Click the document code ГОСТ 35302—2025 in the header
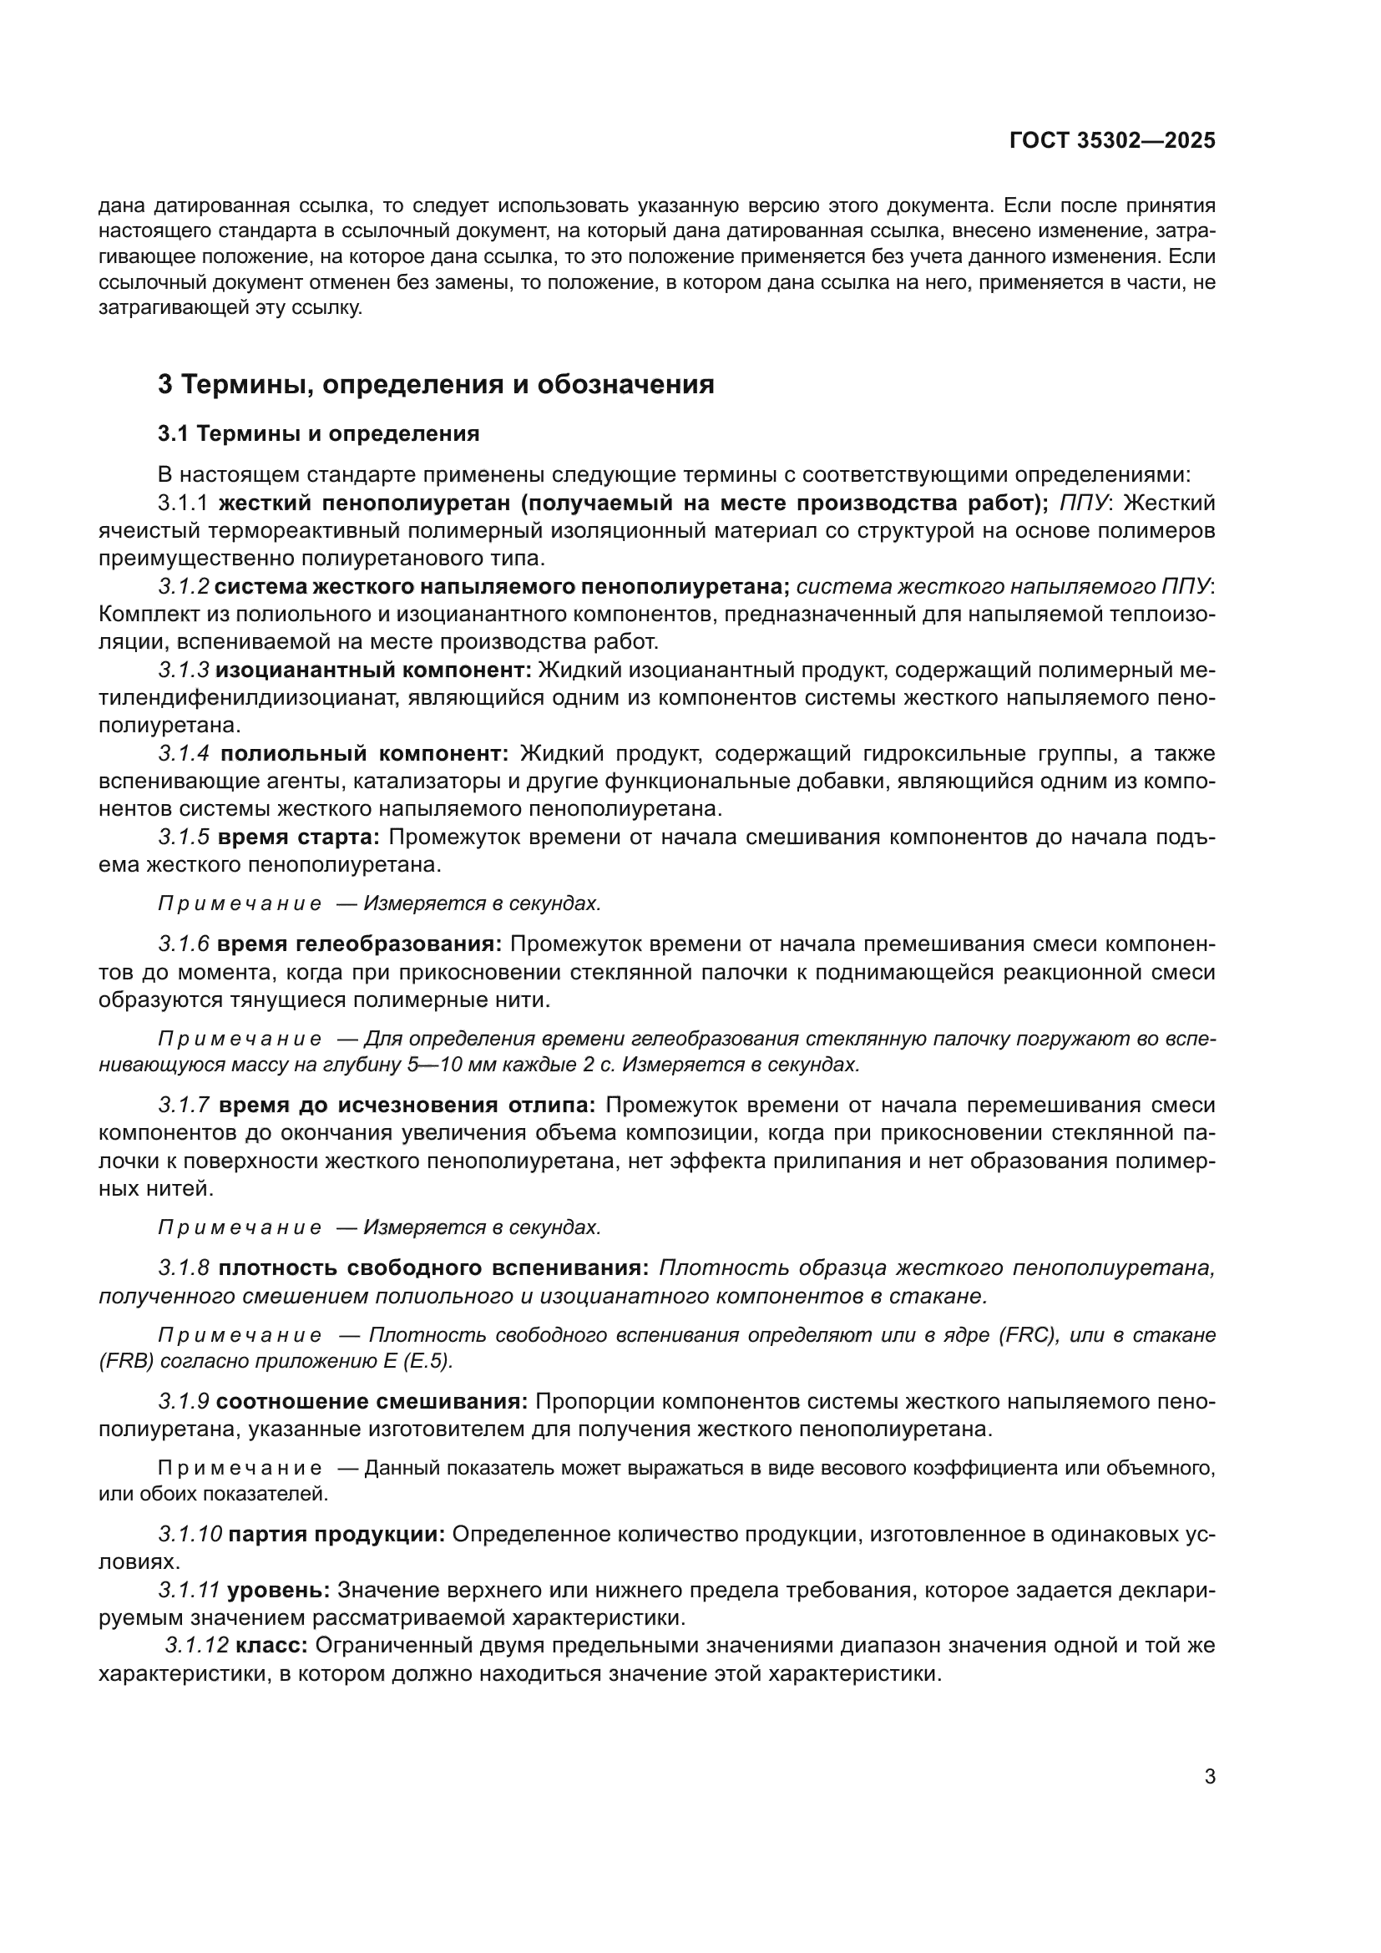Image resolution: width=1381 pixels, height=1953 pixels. (x=1112, y=140)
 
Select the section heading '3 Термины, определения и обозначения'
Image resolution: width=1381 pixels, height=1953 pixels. (x=435, y=384)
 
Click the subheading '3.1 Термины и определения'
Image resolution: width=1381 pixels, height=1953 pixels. (x=318, y=434)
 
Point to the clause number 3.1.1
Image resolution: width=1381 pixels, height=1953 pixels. (x=183, y=503)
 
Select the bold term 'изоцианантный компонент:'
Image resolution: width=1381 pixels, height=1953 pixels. (x=373, y=670)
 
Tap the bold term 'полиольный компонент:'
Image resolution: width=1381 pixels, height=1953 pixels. (x=364, y=754)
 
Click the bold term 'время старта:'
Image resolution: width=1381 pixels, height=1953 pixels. (x=298, y=837)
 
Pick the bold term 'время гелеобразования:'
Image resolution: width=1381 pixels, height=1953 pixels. (x=360, y=944)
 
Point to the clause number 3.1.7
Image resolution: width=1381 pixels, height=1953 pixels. (x=183, y=1105)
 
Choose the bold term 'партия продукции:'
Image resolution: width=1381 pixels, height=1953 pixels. (x=336, y=1534)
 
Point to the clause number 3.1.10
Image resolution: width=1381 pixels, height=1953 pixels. (x=190, y=1534)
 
